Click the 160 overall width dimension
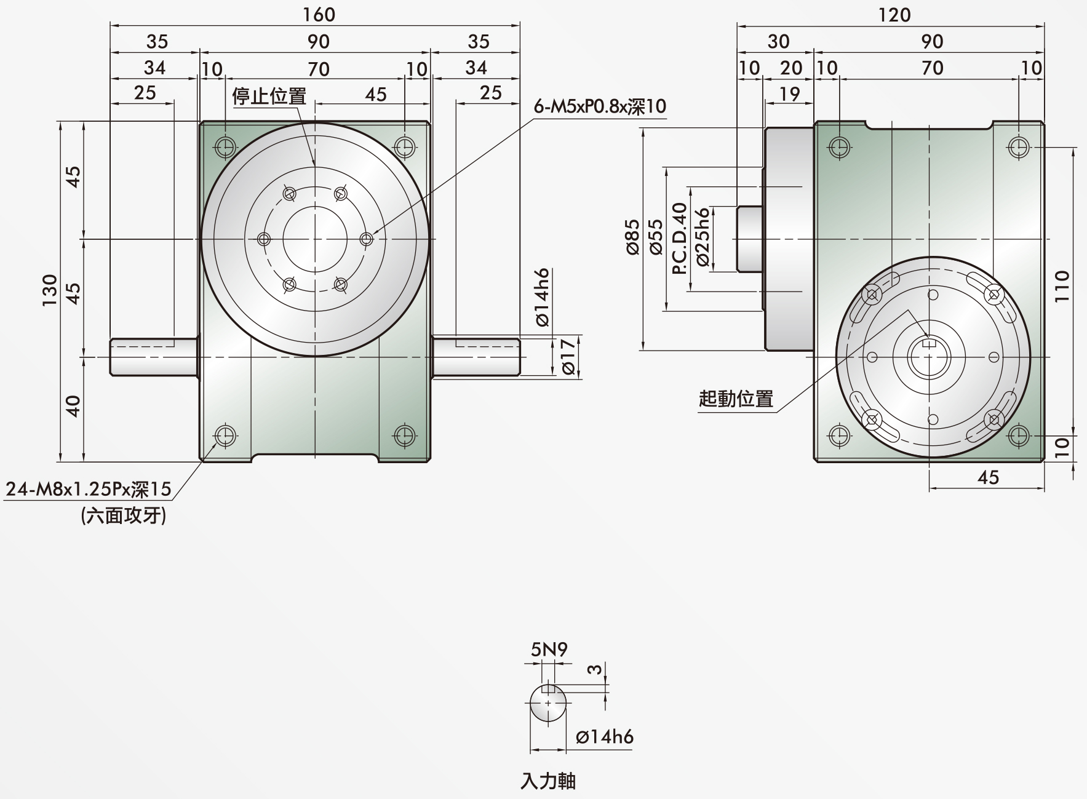319,14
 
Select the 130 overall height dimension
49,290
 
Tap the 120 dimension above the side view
894,14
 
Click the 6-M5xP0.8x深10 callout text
600,106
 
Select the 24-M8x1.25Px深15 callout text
88,489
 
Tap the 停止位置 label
269,96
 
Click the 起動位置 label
736,399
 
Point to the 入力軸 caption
548,781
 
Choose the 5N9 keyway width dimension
549,649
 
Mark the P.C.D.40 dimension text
679,239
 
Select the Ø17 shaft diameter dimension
568,356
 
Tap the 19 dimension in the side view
789,93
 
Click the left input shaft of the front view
154,357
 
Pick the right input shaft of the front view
476,357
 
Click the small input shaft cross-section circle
548,702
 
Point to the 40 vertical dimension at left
73,406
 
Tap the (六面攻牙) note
123,515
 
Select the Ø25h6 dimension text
703,237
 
